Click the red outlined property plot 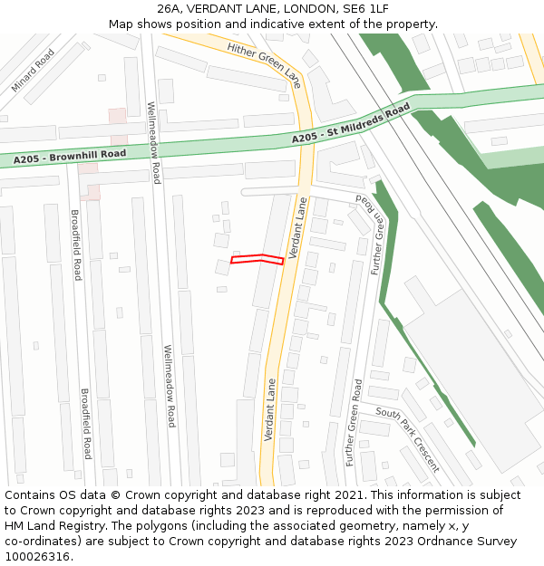pyautogui.click(x=257, y=260)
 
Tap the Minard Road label pyautogui.click(x=33, y=72)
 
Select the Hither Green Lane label pyautogui.click(x=264, y=64)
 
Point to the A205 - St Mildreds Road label pyautogui.click(x=351, y=126)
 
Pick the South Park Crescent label pyautogui.click(x=408, y=440)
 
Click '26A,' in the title pyautogui.click(x=172, y=9)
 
